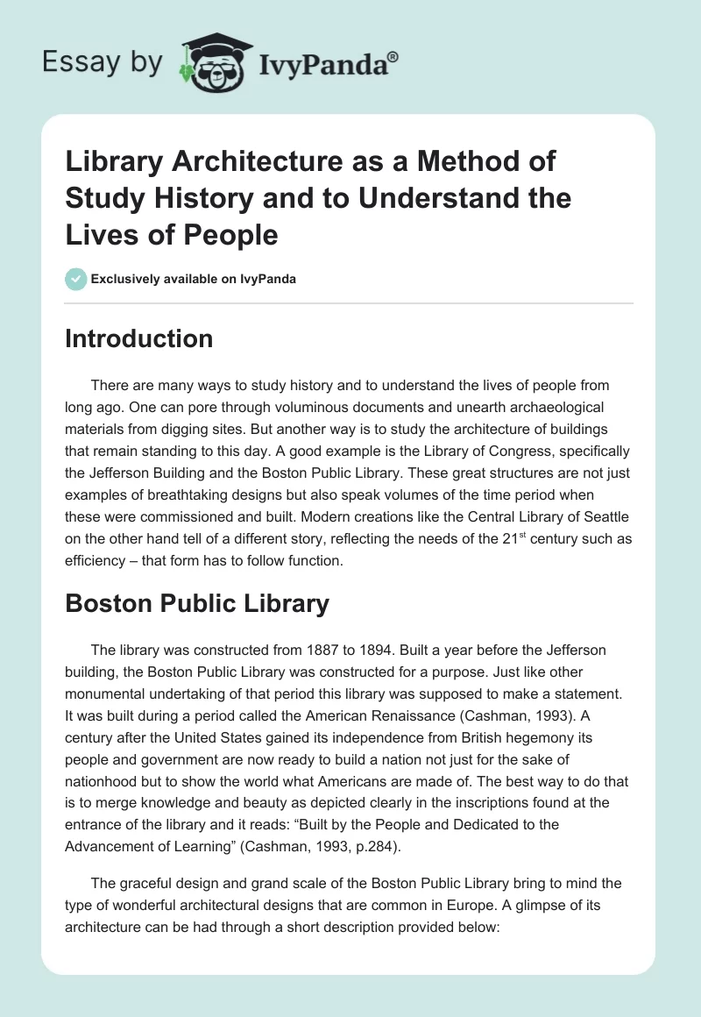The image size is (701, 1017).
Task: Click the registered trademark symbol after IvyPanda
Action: pos(393,57)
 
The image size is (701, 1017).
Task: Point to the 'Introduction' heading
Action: pos(138,338)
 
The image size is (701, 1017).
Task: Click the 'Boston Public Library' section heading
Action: pos(197,603)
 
